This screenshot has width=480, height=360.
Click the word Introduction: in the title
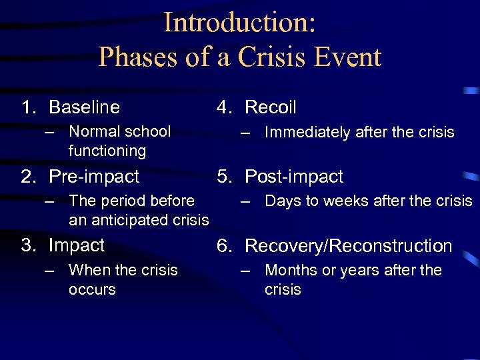(x=239, y=22)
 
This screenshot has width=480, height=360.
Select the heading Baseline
(x=85, y=107)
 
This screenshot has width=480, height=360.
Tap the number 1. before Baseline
(x=30, y=107)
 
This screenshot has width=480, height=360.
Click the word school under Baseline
(x=148, y=131)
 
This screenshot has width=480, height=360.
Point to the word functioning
(x=107, y=151)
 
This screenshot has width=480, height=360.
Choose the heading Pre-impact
(x=94, y=177)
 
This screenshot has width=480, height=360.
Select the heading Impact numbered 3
(x=77, y=245)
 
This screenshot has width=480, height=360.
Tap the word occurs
(x=92, y=289)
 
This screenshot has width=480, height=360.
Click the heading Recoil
(x=271, y=107)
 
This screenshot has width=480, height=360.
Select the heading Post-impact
(x=294, y=177)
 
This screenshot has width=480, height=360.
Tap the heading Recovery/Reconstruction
(x=349, y=246)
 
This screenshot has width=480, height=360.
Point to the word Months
(x=289, y=270)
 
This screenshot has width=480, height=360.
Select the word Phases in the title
(x=136, y=57)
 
